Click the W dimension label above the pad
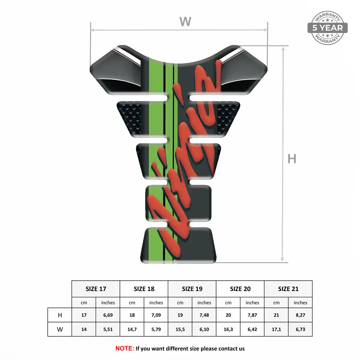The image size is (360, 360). [185, 22]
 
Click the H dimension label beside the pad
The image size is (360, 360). [292, 159]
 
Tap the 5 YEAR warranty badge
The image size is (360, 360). [328, 28]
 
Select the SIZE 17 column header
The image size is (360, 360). [96, 289]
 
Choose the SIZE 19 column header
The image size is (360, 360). [192, 289]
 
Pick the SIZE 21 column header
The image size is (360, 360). [288, 289]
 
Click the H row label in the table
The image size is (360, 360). [60, 315]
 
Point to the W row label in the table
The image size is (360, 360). [60, 329]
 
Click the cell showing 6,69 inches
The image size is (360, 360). [108, 315]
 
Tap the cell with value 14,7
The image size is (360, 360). [132, 329]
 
